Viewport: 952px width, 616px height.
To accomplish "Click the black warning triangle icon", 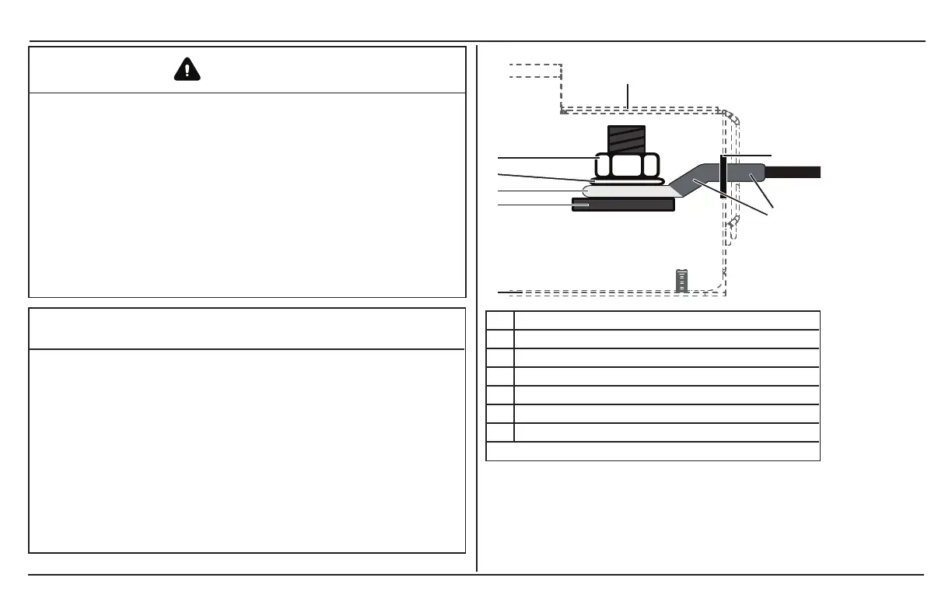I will click(187, 70).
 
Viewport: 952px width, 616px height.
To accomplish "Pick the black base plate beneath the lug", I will click(622, 205).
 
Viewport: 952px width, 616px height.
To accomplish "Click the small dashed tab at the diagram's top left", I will click(535, 71).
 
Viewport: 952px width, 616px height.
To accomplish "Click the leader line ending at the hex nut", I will click(544, 159).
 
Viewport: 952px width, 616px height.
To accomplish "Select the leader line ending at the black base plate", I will click(537, 205).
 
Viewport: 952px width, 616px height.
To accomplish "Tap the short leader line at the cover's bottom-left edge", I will click(509, 292).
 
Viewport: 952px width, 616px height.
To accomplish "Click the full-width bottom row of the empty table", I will click(653, 451).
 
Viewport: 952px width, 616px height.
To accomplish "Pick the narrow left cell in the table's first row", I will click(500, 320).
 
